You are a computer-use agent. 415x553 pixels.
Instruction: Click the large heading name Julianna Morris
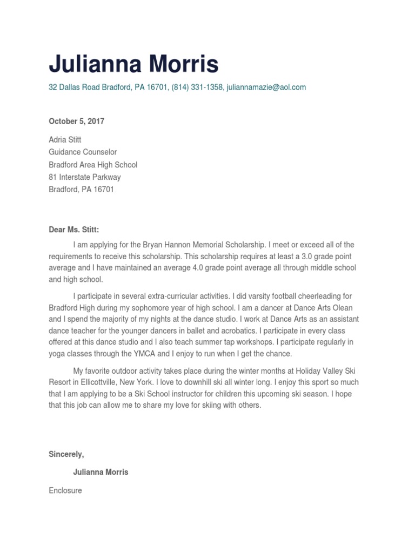(133, 65)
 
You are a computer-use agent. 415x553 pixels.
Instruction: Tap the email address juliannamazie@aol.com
(266, 87)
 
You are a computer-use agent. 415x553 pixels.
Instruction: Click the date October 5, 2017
(76, 122)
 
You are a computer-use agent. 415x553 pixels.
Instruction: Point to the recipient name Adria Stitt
(65, 139)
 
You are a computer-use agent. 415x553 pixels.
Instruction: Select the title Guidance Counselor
(83, 152)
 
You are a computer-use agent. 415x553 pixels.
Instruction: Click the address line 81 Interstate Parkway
(85, 177)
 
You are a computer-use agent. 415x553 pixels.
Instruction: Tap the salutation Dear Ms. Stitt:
(74, 230)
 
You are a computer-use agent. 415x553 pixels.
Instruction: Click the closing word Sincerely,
(66, 455)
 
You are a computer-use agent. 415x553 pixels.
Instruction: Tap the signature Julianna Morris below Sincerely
(101, 472)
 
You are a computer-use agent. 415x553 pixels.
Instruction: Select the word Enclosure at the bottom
(65, 490)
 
